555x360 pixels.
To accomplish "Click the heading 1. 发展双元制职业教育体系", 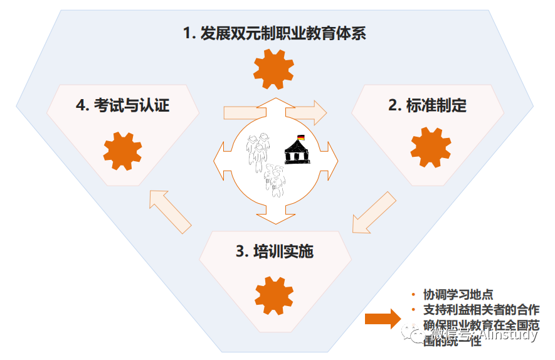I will pyautogui.click(x=274, y=33).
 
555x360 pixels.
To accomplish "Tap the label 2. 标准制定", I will pyautogui.click(x=427, y=105).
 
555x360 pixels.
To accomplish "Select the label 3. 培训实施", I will pyautogui.click(x=274, y=251).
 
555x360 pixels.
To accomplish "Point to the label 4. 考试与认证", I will pyautogui.click(x=122, y=105).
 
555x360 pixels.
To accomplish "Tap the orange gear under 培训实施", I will pyautogui.click(x=275, y=294).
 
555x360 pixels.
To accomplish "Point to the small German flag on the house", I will pyautogui.click(x=300, y=137).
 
